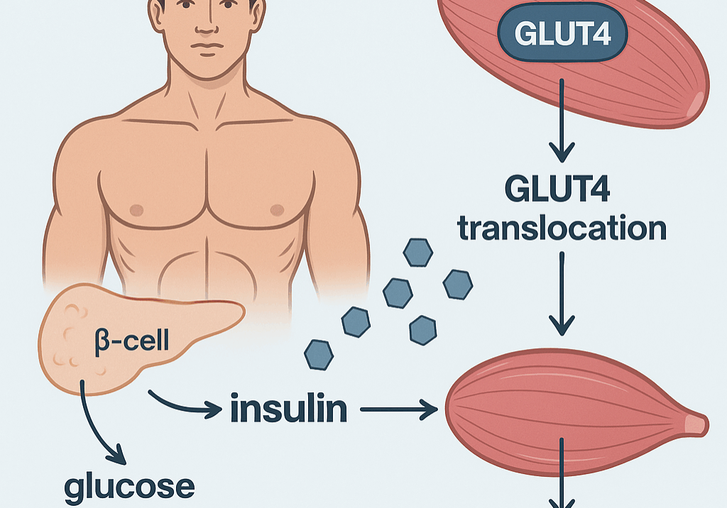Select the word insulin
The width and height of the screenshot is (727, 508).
click(288, 409)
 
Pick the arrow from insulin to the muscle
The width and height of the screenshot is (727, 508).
click(398, 409)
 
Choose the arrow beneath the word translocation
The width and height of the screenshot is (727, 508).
click(562, 294)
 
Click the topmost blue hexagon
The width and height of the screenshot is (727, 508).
click(417, 252)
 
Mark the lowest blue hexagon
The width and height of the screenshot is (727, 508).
click(319, 353)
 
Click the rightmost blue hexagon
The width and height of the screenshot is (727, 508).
click(457, 285)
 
